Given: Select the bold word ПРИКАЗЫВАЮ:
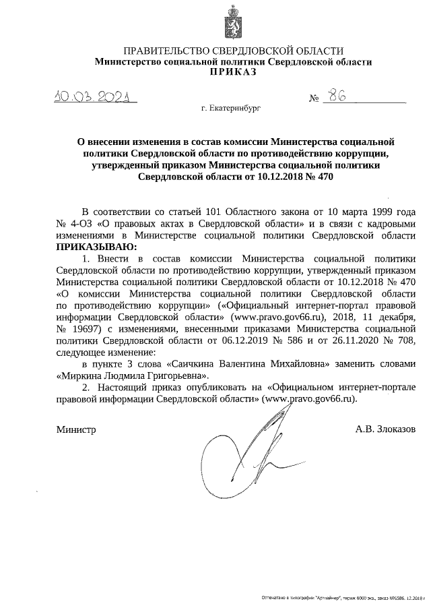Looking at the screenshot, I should point(96,247).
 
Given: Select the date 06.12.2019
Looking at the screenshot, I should point(248,341).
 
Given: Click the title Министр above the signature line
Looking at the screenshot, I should point(75,429).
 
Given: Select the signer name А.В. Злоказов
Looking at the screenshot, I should point(385,429).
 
